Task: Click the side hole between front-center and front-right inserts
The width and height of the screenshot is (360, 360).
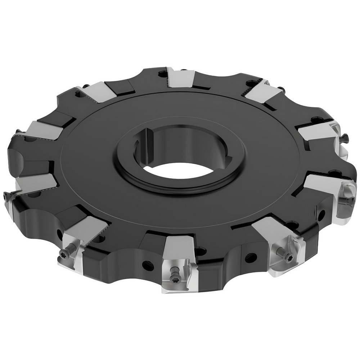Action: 248,257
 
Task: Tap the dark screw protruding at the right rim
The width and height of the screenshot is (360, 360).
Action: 346,136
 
